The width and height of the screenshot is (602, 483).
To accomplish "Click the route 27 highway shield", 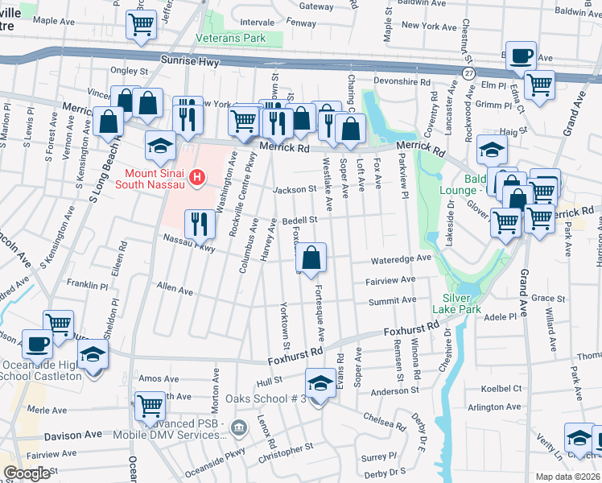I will pos(468,72).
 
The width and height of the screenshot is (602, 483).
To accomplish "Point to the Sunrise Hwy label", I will pos(241,61).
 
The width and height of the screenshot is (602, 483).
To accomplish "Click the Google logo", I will pos(27,473).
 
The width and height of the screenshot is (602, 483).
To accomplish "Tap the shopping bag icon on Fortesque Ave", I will pos(311,258).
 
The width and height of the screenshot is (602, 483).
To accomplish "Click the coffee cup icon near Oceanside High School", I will pos(37,344).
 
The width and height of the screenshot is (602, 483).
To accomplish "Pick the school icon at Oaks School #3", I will pos(320,383).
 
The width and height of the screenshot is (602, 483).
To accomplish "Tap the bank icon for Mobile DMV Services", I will pos(237,427).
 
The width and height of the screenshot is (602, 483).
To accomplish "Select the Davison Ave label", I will pos(73,435).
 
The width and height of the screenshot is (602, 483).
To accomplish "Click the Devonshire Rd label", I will pos(402,82).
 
